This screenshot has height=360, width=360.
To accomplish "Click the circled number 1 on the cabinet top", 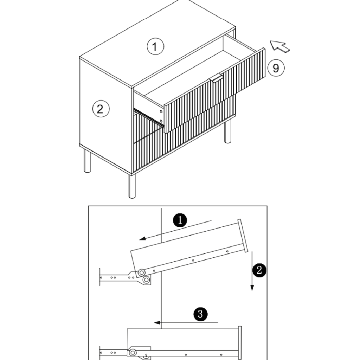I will (155, 46).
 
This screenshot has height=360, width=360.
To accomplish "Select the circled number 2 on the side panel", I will (101, 109).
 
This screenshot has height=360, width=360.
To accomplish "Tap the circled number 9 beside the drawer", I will (276, 67).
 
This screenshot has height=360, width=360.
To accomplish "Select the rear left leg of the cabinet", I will (88, 161).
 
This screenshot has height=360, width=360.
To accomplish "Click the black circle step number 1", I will (180, 220).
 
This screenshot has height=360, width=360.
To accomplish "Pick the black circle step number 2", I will (259, 270).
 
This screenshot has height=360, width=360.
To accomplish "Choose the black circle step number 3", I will (200, 314).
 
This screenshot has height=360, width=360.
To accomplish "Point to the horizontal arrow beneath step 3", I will (186, 322).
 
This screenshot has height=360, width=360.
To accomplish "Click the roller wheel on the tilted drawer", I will (141, 272).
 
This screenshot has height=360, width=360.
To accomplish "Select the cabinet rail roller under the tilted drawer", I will (146, 280).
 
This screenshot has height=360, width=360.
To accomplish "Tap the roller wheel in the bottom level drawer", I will (133, 353).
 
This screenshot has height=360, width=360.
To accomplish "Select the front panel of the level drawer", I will (240, 343).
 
